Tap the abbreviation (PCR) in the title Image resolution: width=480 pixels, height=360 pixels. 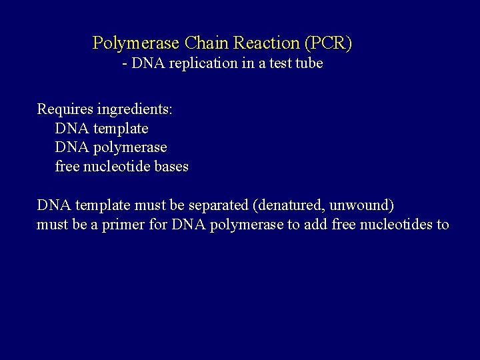coord(327,43)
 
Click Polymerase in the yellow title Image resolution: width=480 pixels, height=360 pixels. coord(135,43)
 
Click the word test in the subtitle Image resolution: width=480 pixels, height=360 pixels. coord(275,64)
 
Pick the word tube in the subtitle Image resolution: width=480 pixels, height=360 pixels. coord(307,64)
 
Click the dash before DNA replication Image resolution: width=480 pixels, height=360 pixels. coord(125,64)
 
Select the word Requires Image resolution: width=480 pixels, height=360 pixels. coord(64,109)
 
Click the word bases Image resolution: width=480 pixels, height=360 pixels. coord(171,167)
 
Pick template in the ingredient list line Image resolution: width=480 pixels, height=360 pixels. coord(121,128)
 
